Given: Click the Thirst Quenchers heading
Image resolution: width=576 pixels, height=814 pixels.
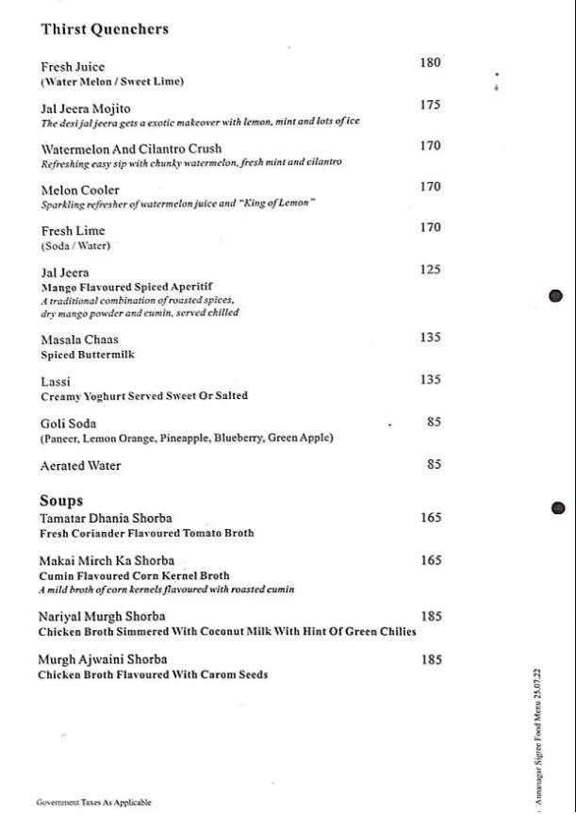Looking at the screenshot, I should point(105,29).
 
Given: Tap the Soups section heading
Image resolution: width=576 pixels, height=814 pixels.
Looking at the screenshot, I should point(61,501).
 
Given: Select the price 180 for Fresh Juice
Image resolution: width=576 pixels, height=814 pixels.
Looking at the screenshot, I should point(430,63).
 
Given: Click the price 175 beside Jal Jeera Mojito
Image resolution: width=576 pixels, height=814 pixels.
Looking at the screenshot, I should point(430,105).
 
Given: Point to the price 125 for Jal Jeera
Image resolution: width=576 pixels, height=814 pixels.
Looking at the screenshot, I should point(430,270).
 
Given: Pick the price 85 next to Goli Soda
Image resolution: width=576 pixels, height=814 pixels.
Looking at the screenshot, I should point(434,423).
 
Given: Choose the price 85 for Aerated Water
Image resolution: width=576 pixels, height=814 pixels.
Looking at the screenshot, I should point(434,464).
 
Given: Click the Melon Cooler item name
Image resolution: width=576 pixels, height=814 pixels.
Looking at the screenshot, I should point(80,191).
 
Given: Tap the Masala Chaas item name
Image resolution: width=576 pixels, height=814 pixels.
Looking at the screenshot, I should point(79,340).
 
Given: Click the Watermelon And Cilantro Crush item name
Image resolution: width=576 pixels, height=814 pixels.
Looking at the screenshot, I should point(131,149).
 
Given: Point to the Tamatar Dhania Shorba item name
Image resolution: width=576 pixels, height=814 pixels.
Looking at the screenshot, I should point(106,519).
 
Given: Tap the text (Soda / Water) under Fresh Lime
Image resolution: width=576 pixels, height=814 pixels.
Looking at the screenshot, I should point(75,246).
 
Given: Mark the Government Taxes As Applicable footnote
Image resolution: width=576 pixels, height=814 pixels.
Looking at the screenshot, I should point(93,803).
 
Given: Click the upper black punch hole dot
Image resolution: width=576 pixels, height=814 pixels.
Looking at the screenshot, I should point(555,296).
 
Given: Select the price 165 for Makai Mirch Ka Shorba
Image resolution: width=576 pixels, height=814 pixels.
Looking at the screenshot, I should point(431,560).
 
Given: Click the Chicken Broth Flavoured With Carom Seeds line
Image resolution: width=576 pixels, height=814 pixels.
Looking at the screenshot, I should point(153,675).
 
